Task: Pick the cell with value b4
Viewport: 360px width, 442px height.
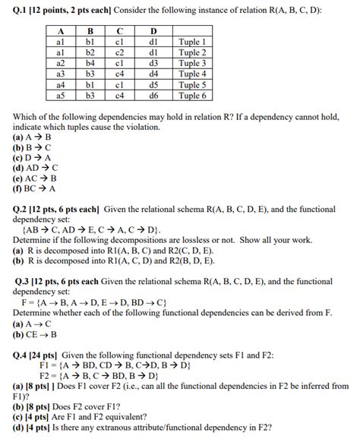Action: pyautogui.click(x=90, y=63)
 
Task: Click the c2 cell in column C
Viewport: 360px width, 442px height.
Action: pyautogui.click(x=120, y=52)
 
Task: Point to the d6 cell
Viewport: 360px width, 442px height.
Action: pyautogui.click(x=153, y=96)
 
